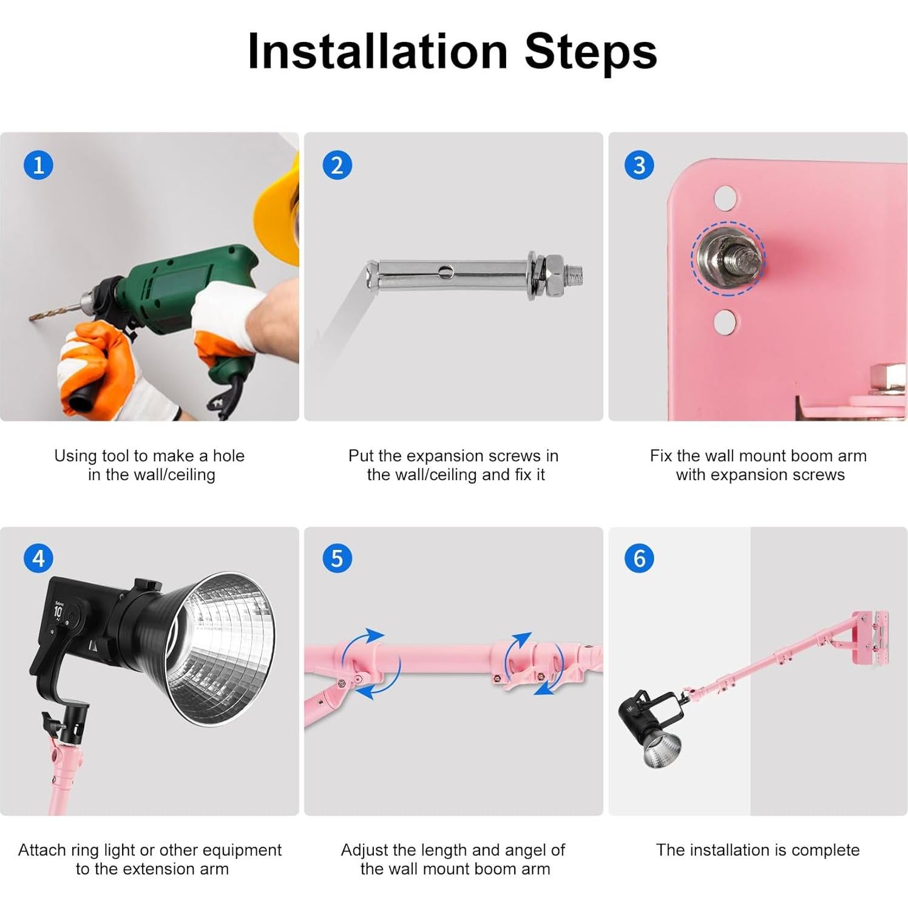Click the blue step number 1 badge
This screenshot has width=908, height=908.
(x=38, y=165)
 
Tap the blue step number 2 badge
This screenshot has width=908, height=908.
(x=337, y=165)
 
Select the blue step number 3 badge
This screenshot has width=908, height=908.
(x=639, y=165)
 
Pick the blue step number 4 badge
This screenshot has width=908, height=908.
(x=38, y=558)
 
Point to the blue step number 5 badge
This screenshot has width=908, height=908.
(x=337, y=558)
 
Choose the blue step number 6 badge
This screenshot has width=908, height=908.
(x=639, y=558)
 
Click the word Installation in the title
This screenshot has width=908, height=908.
(x=378, y=51)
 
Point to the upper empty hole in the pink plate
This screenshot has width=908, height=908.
(x=725, y=197)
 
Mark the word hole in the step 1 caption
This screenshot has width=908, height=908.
(x=228, y=456)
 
